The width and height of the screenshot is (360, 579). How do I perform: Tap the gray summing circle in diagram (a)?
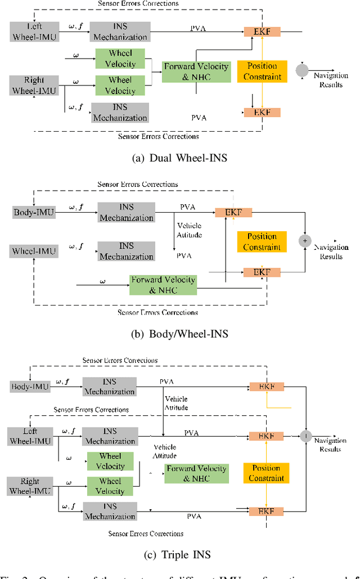point(302,70)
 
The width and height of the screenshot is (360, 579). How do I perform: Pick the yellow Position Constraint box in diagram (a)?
point(262,71)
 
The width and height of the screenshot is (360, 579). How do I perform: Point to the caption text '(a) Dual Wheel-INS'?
point(179,158)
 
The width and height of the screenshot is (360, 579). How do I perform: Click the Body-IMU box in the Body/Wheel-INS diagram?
point(33,212)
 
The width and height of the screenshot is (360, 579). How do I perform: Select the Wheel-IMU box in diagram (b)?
point(33,251)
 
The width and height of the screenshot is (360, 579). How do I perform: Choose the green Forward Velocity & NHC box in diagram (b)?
point(164,285)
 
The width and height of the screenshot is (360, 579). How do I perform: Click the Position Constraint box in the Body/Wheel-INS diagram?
point(262,241)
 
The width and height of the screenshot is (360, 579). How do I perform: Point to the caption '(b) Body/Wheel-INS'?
point(179,334)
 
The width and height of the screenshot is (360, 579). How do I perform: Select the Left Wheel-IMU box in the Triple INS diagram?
point(30,436)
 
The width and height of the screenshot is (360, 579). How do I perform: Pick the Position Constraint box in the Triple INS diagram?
point(266,473)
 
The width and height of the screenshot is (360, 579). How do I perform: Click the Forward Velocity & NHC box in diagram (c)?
point(196,473)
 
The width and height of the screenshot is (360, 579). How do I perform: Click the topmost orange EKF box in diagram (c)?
point(267,387)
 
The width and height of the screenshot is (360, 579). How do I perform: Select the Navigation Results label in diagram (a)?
point(330,80)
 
